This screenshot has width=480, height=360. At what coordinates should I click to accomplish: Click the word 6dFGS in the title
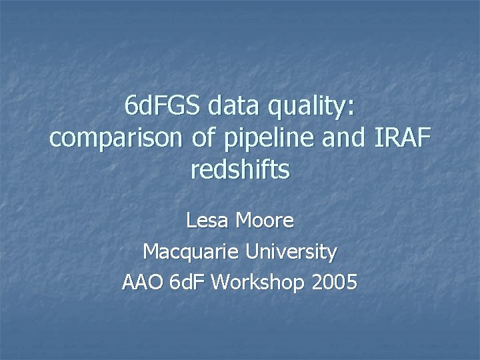[x=163, y=107]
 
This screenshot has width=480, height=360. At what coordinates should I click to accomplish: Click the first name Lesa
[x=207, y=221]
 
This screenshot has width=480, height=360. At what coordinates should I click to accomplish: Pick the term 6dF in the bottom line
[x=188, y=283]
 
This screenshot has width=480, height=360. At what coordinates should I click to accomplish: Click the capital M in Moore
[x=245, y=221]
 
